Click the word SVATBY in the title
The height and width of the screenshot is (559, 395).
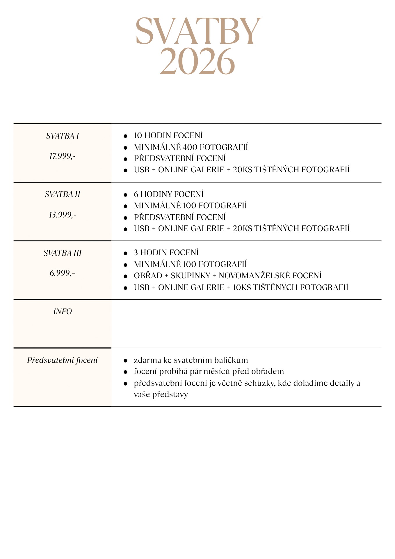click(x=198, y=31)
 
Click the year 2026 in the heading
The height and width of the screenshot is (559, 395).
click(x=197, y=61)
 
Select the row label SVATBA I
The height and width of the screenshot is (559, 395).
click(x=63, y=136)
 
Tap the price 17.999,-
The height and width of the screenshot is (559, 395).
click(x=62, y=156)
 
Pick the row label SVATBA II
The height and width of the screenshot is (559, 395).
click(x=63, y=194)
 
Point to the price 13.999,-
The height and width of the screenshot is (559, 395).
click(x=62, y=215)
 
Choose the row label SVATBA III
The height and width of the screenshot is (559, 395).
click(x=63, y=253)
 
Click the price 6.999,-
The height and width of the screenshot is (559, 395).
click(x=62, y=273)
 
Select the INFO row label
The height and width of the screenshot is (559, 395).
click(x=63, y=312)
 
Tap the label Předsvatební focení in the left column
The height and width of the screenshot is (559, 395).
click(x=63, y=360)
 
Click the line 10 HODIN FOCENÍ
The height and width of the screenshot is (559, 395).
click(x=168, y=135)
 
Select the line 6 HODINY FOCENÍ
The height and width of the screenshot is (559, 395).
click(x=169, y=194)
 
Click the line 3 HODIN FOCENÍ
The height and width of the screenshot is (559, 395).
click(x=166, y=252)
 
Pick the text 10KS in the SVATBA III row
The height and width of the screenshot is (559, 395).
click(x=241, y=287)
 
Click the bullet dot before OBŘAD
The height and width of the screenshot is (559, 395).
click(x=125, y=276)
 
